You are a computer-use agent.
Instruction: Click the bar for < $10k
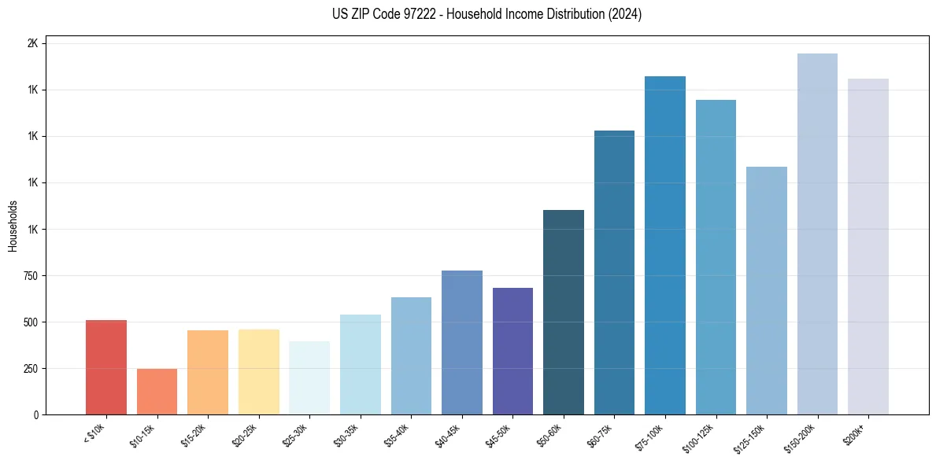[106, 367]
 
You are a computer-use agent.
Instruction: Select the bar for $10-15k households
[157, 392]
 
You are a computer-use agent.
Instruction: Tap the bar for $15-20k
[208, 372]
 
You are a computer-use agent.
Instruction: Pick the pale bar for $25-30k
[309, 377]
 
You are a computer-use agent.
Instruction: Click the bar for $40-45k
[462, 342]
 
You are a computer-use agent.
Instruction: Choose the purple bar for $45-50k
[512, 351]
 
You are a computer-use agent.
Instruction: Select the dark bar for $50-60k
[564, 312]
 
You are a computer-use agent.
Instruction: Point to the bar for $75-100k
[665, 245]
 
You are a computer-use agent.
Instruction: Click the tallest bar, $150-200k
[817, 234]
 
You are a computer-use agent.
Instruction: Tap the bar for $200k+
[868, 246]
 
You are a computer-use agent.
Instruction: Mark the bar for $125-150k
[767, 290]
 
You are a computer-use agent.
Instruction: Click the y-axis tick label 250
[30, 369]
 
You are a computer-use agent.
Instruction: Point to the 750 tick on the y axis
[30, 276]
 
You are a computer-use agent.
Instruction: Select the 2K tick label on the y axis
[32, 44]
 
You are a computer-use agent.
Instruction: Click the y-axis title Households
[13, 226]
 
